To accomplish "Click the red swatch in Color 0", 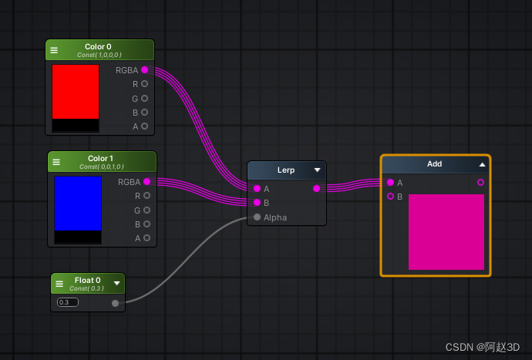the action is tap(76, 92).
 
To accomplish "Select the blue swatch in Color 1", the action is tap(78, 204).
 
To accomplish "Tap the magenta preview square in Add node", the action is tap(446, 232).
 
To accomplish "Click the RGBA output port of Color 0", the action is tap(144, 70).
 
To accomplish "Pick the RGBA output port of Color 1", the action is tap(147, 181).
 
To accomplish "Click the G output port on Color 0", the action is tap(144, 99).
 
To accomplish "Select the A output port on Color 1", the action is tap(147, 238).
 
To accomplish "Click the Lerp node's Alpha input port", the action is tap(258, 217).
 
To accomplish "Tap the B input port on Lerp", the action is tap(258, 203).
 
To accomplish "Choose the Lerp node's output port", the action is tap(317, 188).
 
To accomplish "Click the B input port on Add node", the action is tap(390, 196).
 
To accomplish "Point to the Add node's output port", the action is tap(481, 183).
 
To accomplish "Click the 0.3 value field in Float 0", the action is tap(68, 302).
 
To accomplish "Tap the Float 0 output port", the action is tap(116, 303).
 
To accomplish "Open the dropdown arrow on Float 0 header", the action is tap(117, 283).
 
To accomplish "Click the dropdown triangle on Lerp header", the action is tap(317, 170).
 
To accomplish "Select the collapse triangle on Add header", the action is tap(482, 164).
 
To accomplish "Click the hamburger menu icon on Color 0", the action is tap(54, 50).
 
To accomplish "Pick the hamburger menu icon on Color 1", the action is tap(56, 162).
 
